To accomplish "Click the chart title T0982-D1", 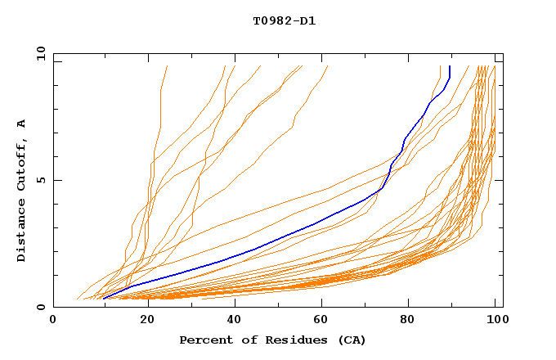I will click(284, 20).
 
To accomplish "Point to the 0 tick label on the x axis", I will click(53, 321).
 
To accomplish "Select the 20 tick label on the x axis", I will click(148, 321).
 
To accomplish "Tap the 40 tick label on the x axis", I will click(237, 321).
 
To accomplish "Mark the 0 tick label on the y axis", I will click(41, 308).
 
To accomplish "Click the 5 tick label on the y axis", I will click(41, 180).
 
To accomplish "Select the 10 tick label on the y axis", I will click(38, 53).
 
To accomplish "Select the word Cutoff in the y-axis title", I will click(21, 160).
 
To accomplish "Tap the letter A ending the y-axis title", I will click(21, 124).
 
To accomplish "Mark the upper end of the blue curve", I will click(449, 66).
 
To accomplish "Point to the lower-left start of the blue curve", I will click(104, 298).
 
